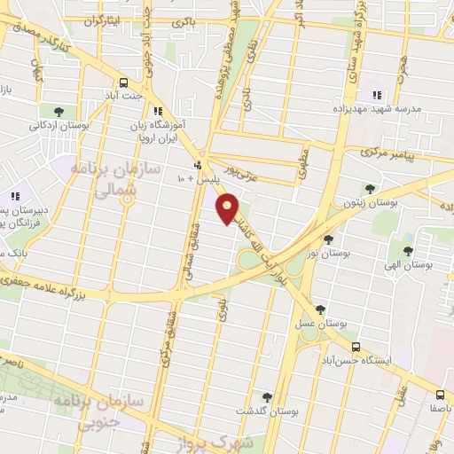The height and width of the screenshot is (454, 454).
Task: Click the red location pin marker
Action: point(228,207)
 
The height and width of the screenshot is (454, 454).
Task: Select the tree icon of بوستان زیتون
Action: point(369,188)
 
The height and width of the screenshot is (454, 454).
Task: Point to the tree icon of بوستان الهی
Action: point(408,251)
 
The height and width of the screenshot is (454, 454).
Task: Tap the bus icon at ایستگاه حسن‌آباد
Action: point(356,347)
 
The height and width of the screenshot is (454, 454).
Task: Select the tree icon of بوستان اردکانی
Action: point(59,112)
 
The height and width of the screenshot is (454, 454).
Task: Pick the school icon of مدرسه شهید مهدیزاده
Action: point(376,95)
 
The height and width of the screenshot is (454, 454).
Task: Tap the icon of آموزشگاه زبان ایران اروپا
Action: point(158,111)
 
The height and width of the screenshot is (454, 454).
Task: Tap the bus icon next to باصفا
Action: point(441,395)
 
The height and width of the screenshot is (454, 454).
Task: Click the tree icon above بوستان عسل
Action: point(319,309)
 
